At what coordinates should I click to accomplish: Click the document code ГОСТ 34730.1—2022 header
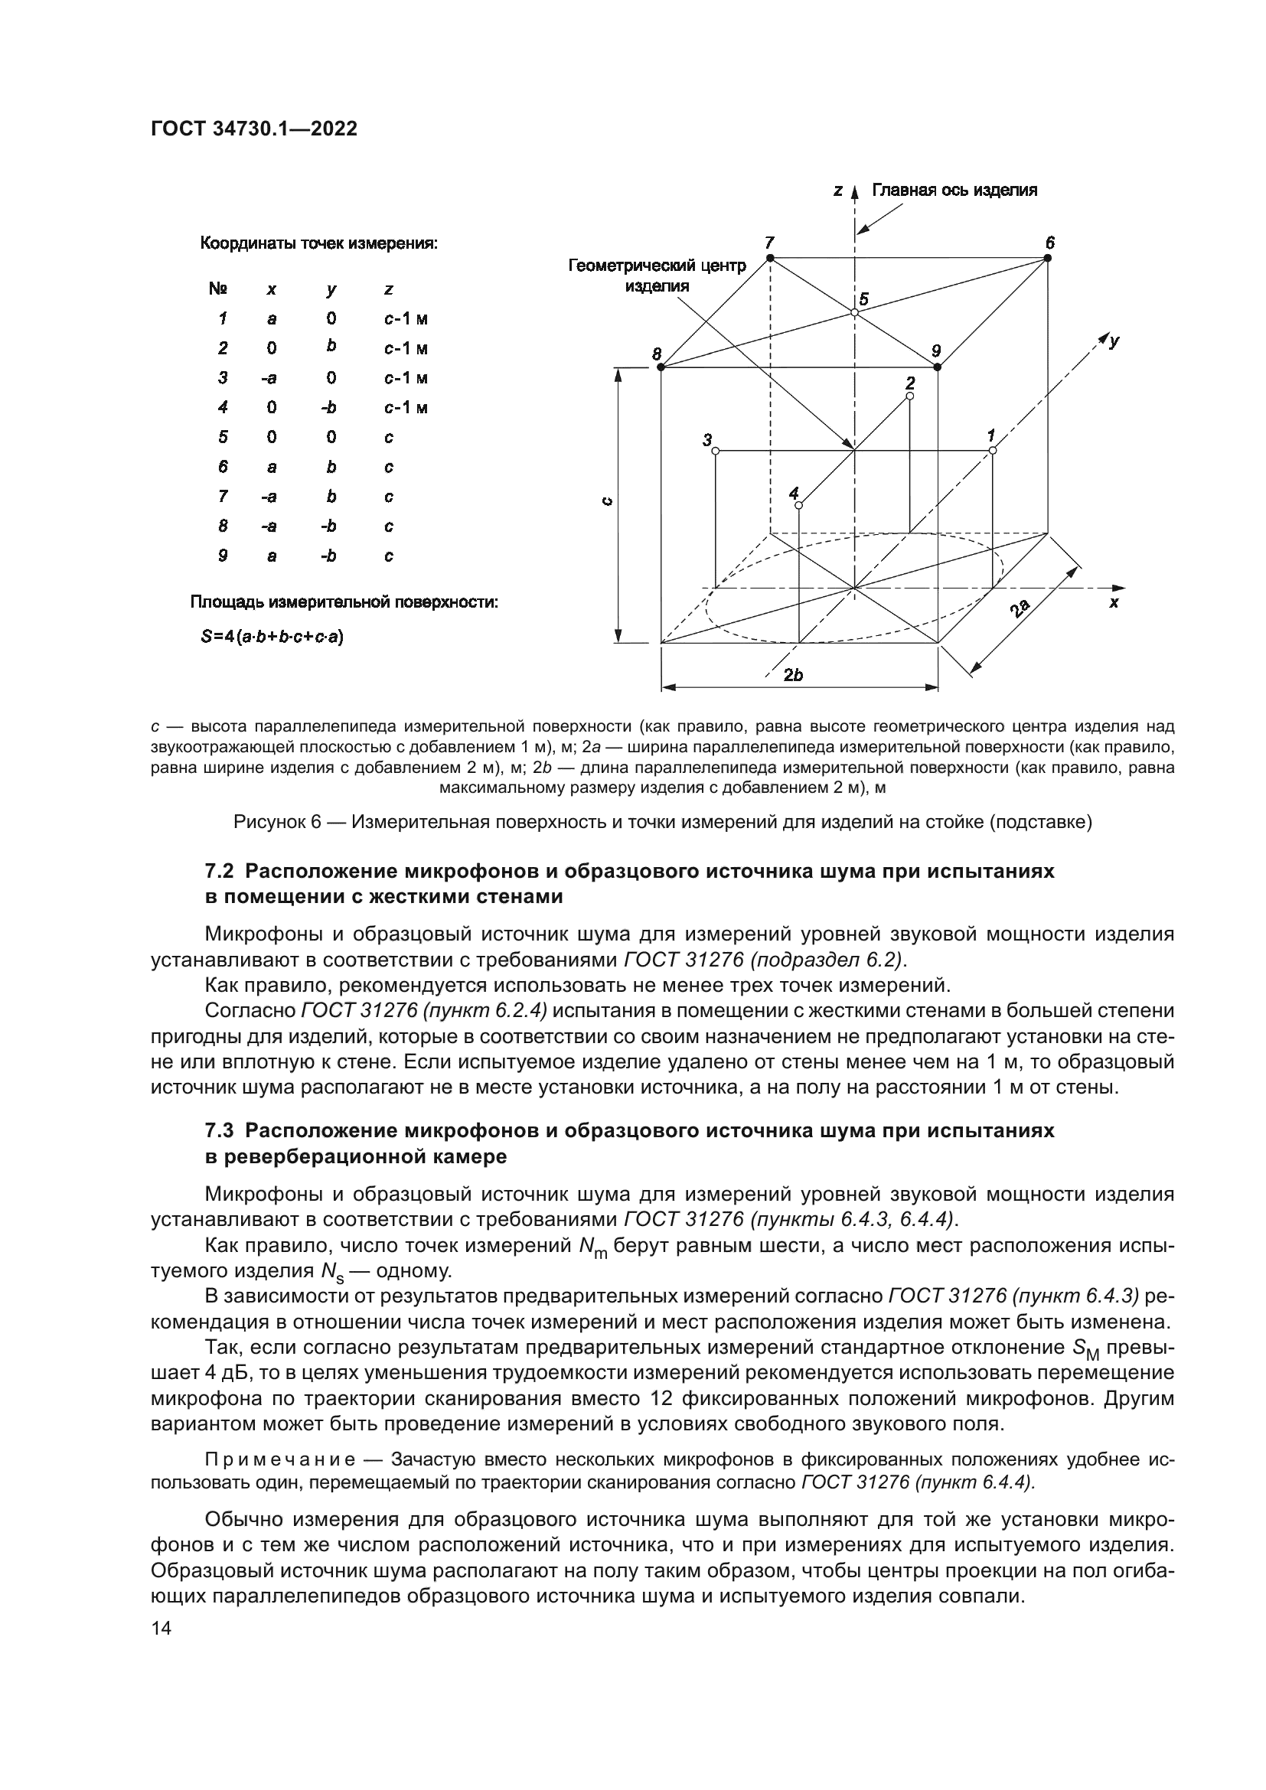[254, 129]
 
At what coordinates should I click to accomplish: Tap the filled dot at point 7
[770, 258]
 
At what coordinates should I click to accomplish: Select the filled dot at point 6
[1049, 258]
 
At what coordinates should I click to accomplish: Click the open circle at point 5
[854, 311]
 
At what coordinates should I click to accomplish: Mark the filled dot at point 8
[659, 367]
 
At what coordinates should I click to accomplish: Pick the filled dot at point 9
[938, 367]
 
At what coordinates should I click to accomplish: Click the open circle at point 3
[716, 451]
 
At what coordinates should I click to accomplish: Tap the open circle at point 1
[993, 451]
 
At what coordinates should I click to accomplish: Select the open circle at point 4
[799, 505]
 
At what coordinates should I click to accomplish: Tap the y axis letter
[1115, 341]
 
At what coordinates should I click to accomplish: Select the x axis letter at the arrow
[1114, 602]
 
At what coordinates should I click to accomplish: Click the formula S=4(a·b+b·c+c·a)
[272, 637]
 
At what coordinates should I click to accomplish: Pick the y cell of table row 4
[331, 408]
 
